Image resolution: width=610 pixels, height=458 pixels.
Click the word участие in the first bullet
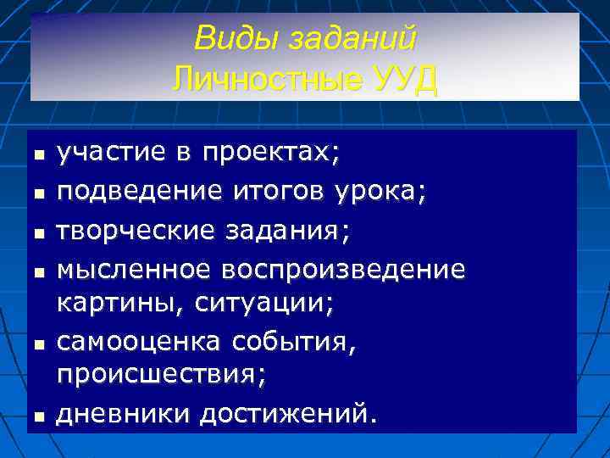pos(106,154)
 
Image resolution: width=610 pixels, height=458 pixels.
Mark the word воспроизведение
pos(343,271)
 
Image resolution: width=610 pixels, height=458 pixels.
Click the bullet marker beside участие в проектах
pos(39,156)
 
